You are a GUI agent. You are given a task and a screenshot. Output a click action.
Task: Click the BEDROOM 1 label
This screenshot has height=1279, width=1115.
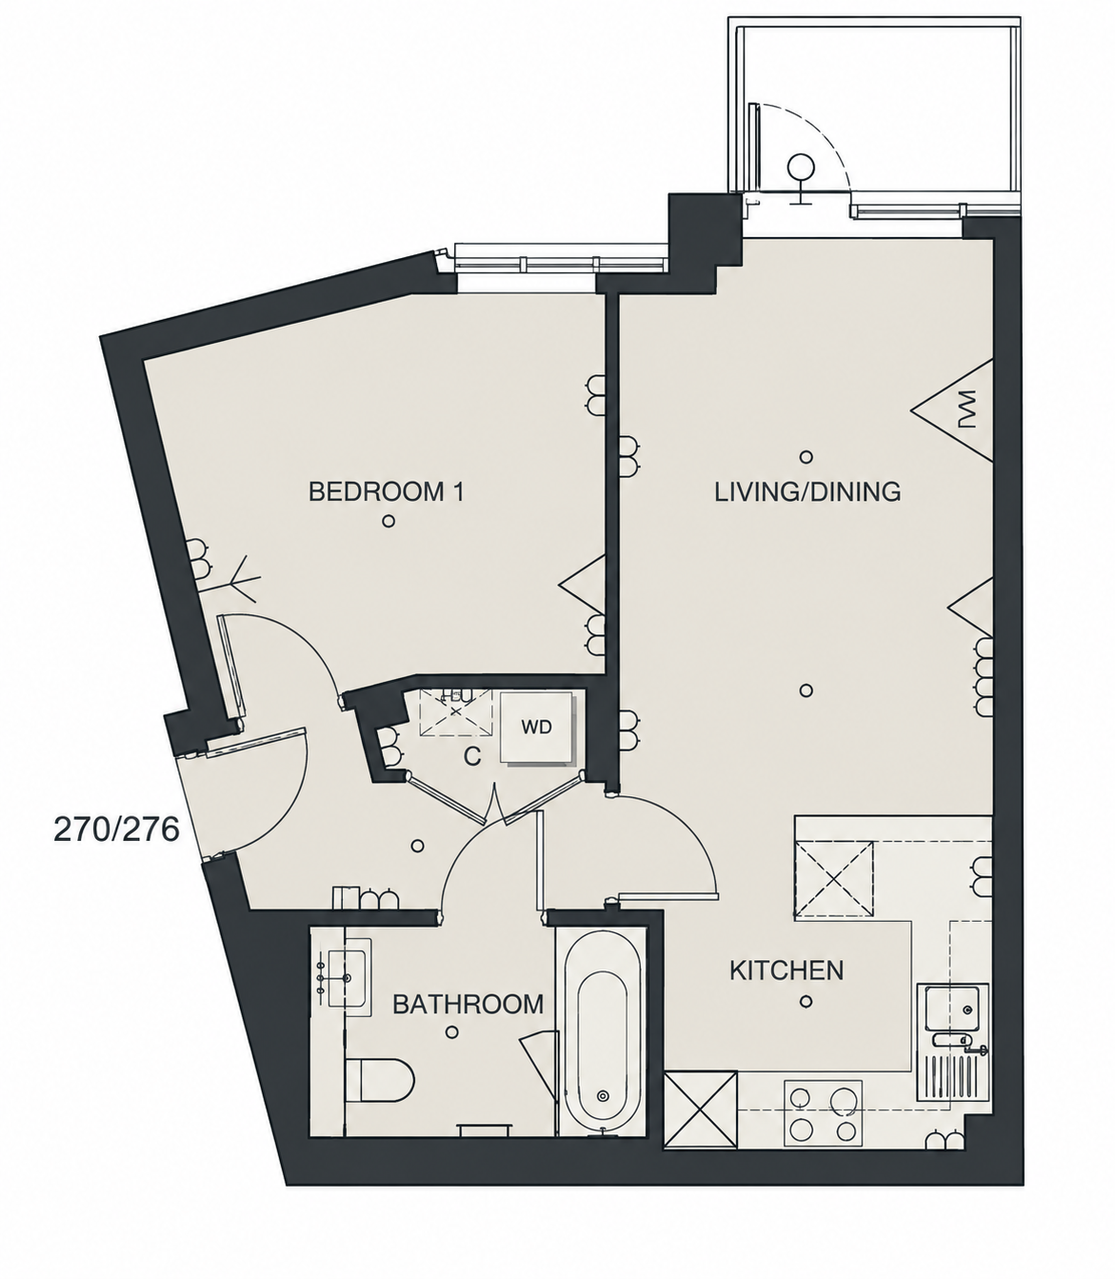[x=387, y=492]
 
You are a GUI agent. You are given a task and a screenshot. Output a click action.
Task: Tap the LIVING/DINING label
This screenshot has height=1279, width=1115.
[x=807, y=492]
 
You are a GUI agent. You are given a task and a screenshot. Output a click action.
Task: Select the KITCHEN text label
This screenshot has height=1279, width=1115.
[x=786, y=970]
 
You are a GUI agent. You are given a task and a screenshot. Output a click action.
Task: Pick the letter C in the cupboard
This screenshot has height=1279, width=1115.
[x=472, y=757]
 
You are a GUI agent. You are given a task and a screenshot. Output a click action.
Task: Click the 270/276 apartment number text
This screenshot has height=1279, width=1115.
[x=117, y=830]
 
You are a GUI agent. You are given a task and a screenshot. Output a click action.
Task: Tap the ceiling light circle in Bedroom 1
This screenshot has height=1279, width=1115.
[x=388, y=521]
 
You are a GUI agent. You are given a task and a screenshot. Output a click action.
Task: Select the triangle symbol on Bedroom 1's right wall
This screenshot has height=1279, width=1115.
[x=583, y=585]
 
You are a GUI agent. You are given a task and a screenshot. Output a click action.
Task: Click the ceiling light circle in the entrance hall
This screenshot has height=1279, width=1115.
[x=417, y=846]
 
